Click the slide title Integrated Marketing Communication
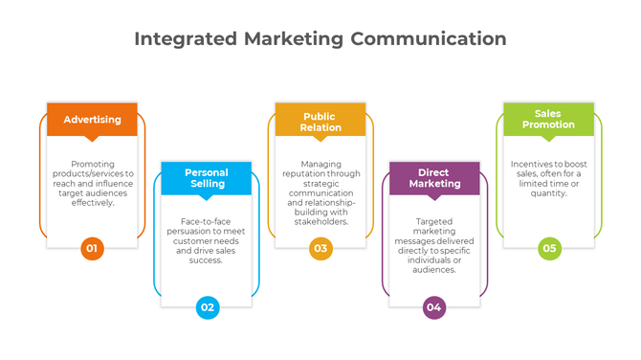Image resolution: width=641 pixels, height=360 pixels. (x=320, y=39)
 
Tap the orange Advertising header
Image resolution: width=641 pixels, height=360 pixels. (x=92, y=120)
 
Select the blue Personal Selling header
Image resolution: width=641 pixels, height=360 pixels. (x=206, y=178)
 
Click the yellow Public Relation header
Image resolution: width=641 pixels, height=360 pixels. (x=320, y=122)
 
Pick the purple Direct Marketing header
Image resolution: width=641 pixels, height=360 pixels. (x=433, y=178)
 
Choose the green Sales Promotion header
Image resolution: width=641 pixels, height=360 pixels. (x=548, y=119)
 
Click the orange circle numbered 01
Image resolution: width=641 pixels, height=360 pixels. (x=92, y=249)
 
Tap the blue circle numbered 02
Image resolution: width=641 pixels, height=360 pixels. (x=207, y=307)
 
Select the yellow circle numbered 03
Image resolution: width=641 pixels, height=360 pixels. (x=320, y=249)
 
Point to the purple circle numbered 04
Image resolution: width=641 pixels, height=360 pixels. (x=434, y=307)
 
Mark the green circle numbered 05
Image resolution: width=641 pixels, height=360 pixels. (x=548, y=249)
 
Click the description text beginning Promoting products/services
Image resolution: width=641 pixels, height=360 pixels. (x=92, y=183)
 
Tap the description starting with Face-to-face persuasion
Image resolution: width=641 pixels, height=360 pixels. (x=206, y=240)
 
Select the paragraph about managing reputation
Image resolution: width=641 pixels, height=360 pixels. (x=320, y=192)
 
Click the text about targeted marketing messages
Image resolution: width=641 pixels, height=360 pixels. (x=433, y=245)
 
